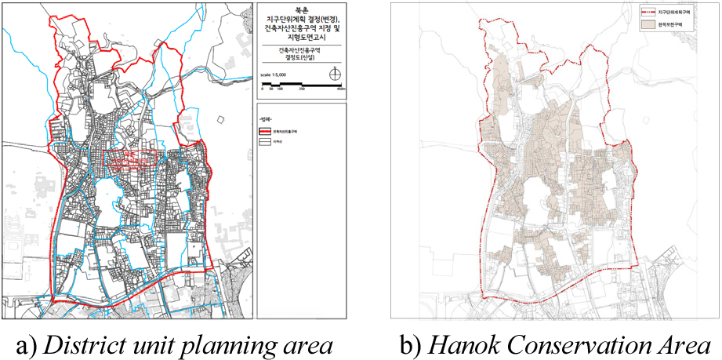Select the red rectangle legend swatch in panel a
(x=264, y=133)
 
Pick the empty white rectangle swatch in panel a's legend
(x=264, y=144)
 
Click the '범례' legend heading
(x=267, y=118)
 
